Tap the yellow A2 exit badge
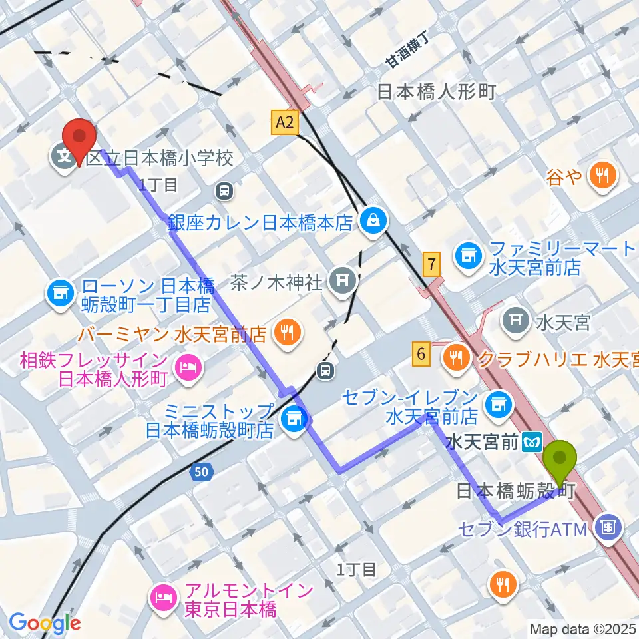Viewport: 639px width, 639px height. tap(284, 122)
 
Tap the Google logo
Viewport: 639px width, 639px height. tap(44, 623)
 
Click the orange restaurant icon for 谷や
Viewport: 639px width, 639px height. tap(603, 176)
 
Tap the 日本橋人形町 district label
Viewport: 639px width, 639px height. tap(437, 91)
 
